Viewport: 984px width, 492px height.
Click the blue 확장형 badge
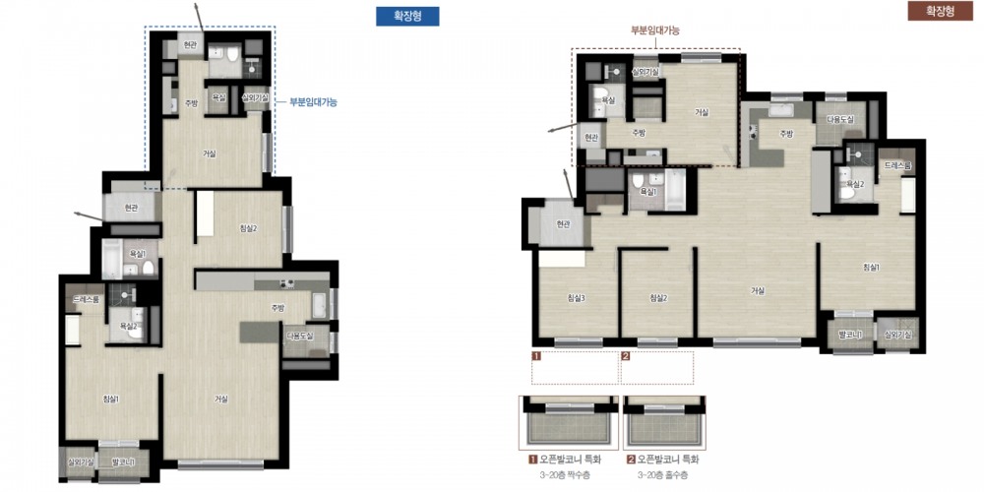pos(407,16)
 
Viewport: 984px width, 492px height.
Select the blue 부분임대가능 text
pos(313,101)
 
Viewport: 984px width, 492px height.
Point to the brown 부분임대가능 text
pos(655,31)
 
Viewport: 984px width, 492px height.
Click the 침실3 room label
pos(577,298)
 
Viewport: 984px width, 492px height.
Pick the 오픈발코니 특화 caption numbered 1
pos(568,459)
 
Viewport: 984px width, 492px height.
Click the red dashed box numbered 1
pos(575,367)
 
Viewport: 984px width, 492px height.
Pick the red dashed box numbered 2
pos(657,367)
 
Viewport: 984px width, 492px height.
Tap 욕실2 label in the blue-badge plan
pos(129,325)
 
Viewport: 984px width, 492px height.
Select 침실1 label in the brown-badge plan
pos(872,267)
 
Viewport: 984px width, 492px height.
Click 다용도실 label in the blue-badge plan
pos(299,337)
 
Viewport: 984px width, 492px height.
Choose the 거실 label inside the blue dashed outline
pos(210,154)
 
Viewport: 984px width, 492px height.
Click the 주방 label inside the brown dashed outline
pos(638,132)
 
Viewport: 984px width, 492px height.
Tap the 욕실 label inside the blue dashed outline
pos(219,97)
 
